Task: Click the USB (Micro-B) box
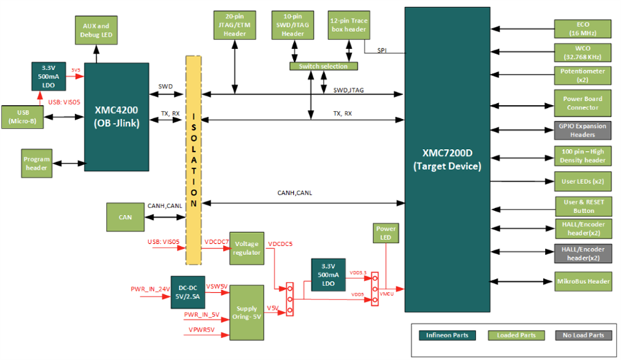[21, 115]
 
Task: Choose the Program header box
[36, 163]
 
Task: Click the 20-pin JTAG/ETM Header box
[235, 26]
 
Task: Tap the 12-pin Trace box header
[348, 26]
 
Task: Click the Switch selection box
[324, 66]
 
